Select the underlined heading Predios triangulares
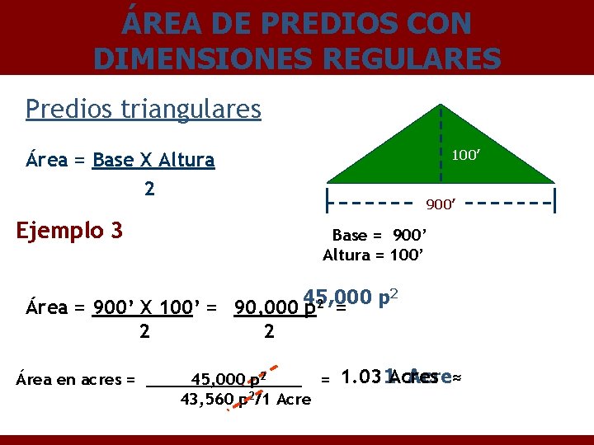click(143, 109)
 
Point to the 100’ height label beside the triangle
click(467, 154)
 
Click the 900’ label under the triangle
click(441, 203)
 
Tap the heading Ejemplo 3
click(69, 229)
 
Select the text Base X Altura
click(153, 160)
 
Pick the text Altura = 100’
click(374, 255)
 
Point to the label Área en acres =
click(76, 380)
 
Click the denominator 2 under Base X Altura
click(148, 189)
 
